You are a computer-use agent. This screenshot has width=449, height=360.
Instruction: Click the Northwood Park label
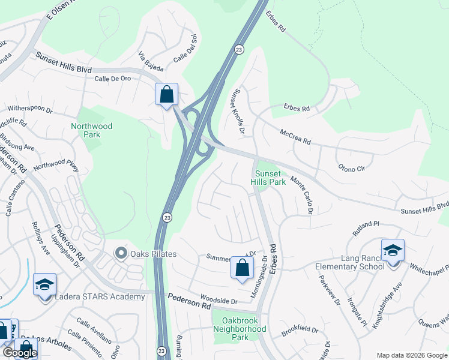click(91, 130)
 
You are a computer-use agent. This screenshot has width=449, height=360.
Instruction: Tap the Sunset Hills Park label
click(268, 177)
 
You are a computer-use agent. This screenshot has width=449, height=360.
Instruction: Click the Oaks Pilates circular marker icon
click(121, 253)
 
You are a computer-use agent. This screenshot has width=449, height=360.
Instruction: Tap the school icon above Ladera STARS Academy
click(45, 286)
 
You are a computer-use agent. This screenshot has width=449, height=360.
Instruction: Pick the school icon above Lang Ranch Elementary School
click(393, 251)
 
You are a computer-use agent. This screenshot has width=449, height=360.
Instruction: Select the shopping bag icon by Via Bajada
click(166, 95)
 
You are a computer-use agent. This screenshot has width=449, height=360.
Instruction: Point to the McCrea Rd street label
click(294, 137)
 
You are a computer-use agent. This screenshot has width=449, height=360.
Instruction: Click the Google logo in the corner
click(20, 352)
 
